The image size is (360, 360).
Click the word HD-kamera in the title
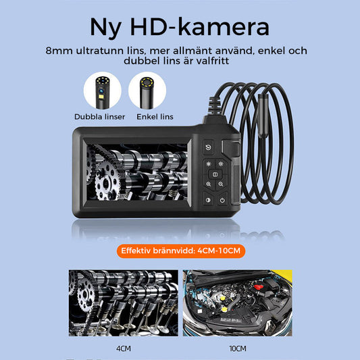[x=200, y=27]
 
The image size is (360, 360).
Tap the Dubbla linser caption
[x=100, y=117]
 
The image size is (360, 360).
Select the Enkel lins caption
[x=155, y=117]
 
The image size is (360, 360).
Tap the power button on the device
[x=222, y=200]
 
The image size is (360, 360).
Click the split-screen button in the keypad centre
[x=215, y=174]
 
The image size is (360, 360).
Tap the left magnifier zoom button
[x=208, y=184]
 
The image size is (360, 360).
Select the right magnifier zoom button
[x=221, y=184]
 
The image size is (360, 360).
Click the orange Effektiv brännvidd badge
[x=181, y=251]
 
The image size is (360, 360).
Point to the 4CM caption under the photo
[x=124, y=349]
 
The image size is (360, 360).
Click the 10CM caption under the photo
[x=238, y=349]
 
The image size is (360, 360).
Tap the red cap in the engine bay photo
[x=258, y=287]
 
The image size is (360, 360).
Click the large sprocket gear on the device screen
[x=106, y=182]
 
